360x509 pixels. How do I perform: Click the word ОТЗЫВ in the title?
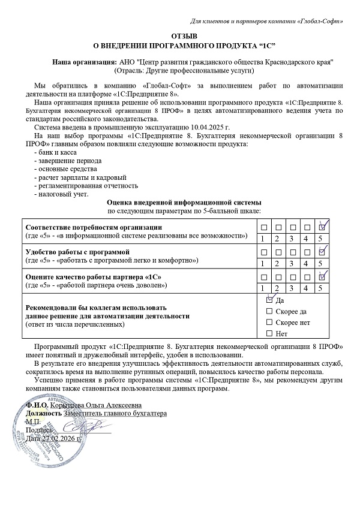coord(180,36)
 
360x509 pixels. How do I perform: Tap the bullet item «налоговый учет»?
coord(62,194)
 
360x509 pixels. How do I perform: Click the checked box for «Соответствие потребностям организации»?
coord(322,227)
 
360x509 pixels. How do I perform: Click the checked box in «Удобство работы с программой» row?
coord(322,252)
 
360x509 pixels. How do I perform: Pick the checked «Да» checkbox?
coord(269,299)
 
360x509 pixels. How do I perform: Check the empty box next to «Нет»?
coord(269,333)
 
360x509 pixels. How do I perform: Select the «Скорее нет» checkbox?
coord(269,322)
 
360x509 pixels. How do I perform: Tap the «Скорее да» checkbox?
coord(269,311)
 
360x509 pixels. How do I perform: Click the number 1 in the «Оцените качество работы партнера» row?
coord(263,288)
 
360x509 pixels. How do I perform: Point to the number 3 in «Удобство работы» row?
coord(292,263)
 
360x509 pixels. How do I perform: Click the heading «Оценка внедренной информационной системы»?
coord(184,203)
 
